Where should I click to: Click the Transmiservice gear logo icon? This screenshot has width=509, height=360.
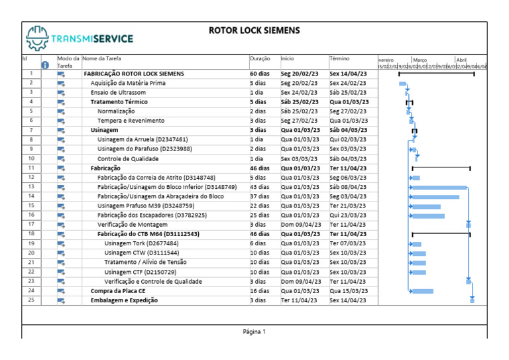[x=36, y=38]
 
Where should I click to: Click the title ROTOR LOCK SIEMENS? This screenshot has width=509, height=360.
[x=254, y=30]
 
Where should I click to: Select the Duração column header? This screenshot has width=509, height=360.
[x=260, y=59]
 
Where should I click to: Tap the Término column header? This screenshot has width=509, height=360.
[x=339, y=59]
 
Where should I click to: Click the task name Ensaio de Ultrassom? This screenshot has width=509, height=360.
[x=118, y=93]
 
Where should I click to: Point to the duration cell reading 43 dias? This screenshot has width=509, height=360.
[x=260, y=187]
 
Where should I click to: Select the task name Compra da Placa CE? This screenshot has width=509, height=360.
[x=118, y=291]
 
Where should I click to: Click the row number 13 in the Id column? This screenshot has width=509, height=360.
[x=31, y=187]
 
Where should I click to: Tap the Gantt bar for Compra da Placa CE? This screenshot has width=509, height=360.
[x=422, y=291]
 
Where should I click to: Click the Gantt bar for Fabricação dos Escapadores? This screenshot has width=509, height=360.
[x=428, y=215]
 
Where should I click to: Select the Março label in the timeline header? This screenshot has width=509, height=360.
[x=420, y=60]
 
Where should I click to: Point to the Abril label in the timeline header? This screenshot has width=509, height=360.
[x=461, y=60]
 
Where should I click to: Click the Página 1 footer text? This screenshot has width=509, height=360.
[x=254, y=331]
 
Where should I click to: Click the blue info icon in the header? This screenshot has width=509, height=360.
[x=45, y=65]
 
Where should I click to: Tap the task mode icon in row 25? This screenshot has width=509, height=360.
[x=61, y=300]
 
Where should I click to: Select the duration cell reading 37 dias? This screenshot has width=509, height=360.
[x=260, y=197]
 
